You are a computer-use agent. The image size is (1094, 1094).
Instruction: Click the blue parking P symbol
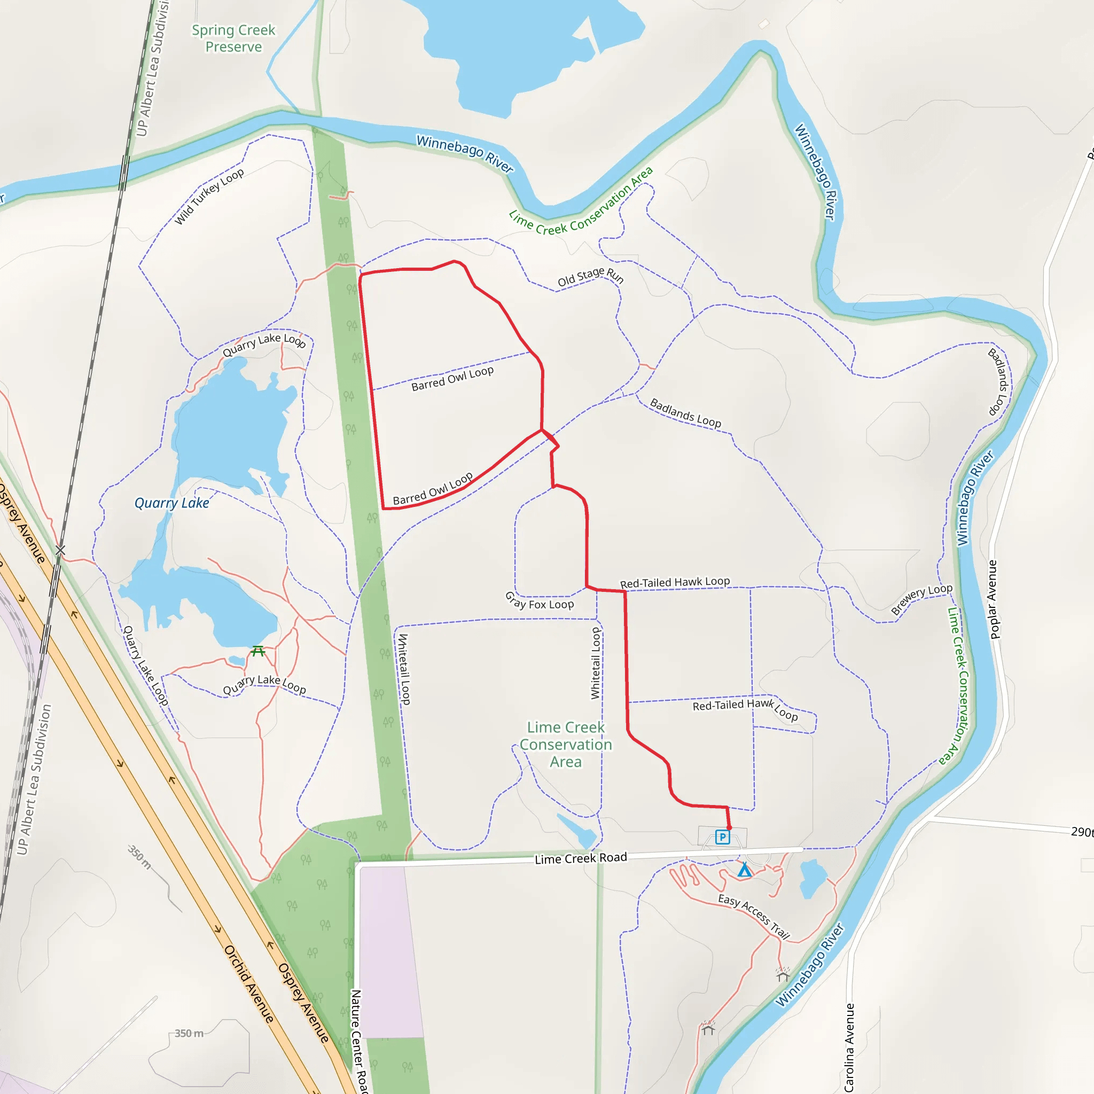point(723,837)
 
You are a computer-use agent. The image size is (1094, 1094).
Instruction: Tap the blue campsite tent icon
point(745,870)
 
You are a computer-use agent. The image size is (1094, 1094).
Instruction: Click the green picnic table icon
point(258,651)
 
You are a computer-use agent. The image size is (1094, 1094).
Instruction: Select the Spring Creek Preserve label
point(233,38)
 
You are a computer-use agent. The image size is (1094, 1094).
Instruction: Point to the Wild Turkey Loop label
point(209,196)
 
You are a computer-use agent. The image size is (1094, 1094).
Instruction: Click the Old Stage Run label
point(591,277)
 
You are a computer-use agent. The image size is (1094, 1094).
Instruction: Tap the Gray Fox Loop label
point(539,601)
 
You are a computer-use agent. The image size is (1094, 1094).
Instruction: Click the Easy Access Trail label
point(754,916)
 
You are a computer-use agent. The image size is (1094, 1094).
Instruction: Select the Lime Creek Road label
point(581,858)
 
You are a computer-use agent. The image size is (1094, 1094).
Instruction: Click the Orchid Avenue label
point(249,983)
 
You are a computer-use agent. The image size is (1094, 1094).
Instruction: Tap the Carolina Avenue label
point(849,1048)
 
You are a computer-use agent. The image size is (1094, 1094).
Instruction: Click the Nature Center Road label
point(358,1041)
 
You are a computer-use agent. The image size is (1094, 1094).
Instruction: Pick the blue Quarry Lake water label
point(171,503)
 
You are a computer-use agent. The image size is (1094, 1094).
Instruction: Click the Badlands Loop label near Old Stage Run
point(685,413)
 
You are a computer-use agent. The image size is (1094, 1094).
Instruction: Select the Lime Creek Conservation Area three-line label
point(566,744)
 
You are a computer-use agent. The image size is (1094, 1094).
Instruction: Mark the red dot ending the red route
point(729,828)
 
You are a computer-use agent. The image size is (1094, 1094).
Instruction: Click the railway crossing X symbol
point(60,550)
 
